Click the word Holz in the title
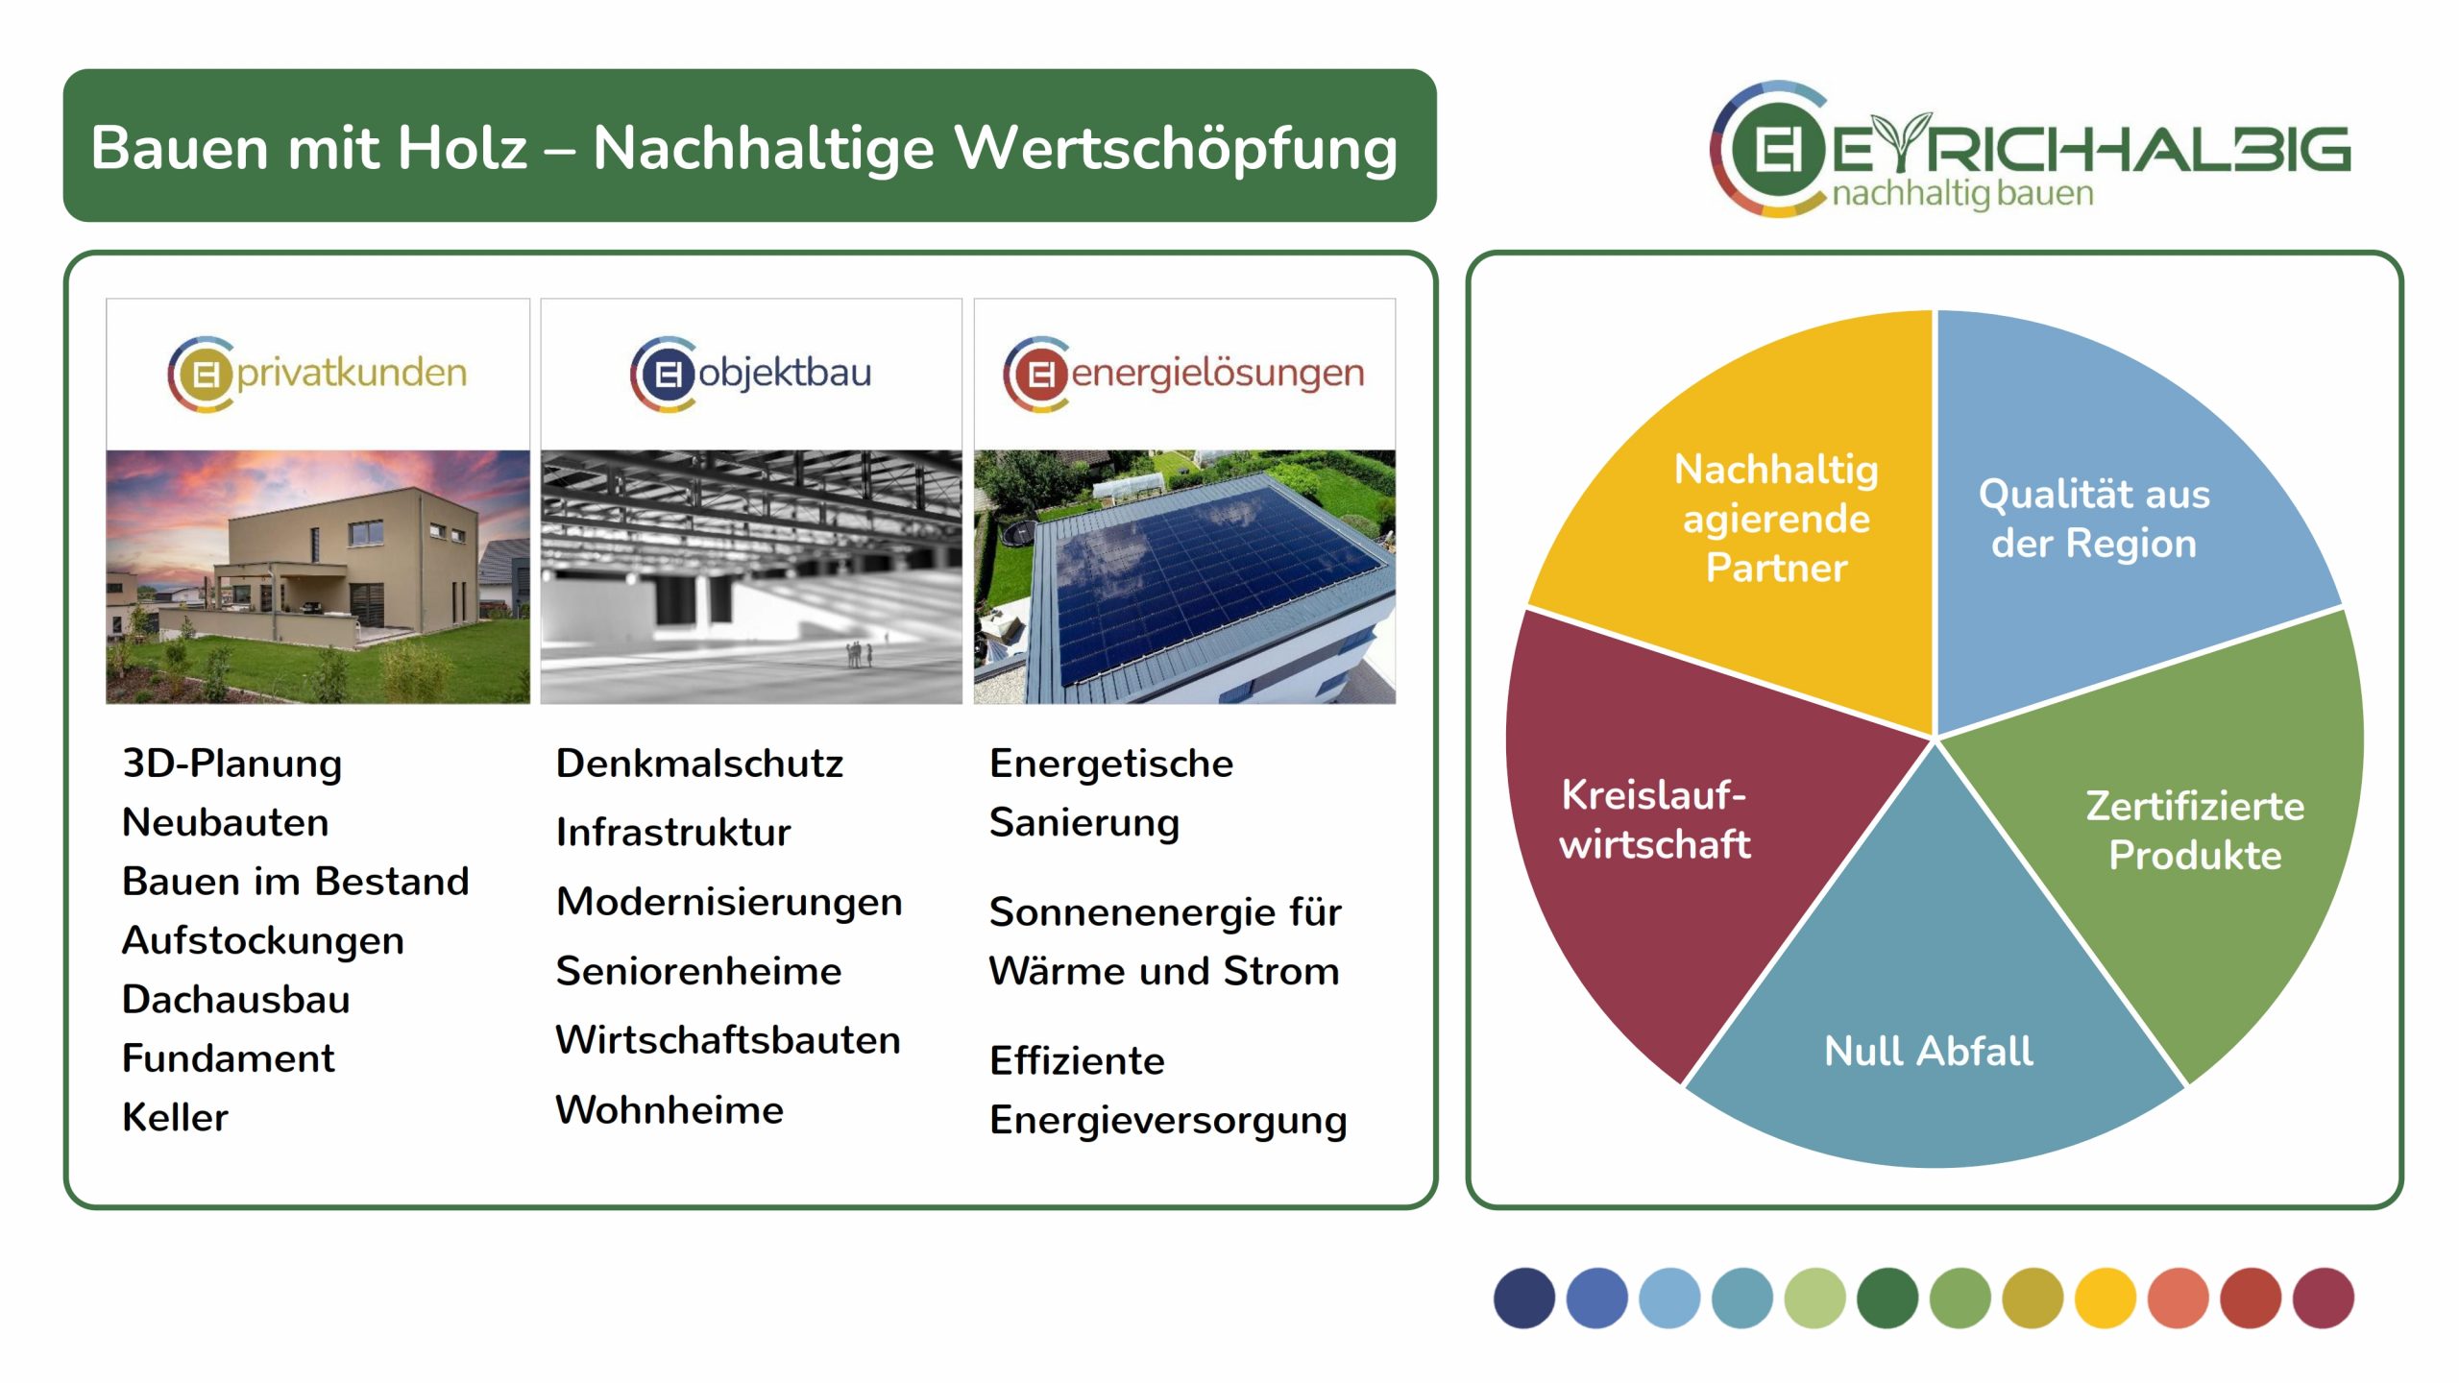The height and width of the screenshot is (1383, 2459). click(462, 148)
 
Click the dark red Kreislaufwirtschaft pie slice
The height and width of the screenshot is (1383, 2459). click(1662, 826)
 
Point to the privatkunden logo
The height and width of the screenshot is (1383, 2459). click(317, 374)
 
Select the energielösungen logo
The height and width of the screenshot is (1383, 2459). click(1183, 374)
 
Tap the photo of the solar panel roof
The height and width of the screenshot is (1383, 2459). click(1184, 577)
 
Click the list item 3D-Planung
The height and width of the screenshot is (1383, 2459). click(232, 764)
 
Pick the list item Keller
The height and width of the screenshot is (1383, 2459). click(176, 1117)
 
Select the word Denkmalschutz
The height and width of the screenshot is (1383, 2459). click(699, 764)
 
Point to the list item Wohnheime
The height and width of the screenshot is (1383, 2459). click(670, 1109)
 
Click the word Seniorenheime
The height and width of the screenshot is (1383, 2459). click(698, 971)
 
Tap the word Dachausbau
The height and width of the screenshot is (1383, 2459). click(236, 999)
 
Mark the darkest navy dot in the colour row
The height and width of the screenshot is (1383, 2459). click(1524, 1298)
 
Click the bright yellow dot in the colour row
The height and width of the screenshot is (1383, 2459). click(2106, 1298)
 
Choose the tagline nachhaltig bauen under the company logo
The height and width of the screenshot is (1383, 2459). click(1962, 194)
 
